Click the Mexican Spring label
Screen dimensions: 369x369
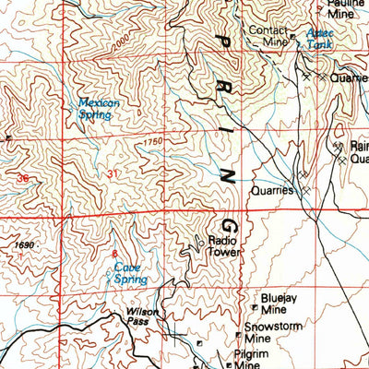(x=99, y=109)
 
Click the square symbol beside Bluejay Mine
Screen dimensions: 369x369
(x=255, y=305)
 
